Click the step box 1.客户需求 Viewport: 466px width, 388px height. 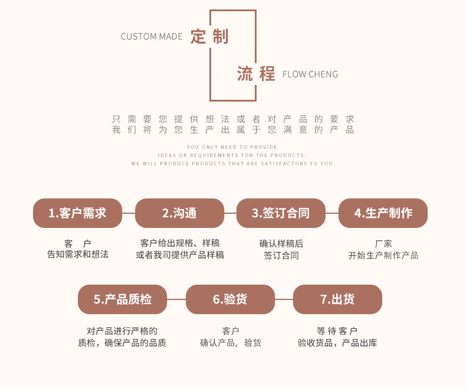pyautogui.click(x=77, y=213)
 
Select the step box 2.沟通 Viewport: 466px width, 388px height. pyautogui.click(x=179, y=213)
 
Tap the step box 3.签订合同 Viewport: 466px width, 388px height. pyautogui.click(x=281, y=213)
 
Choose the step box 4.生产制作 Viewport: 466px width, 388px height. pyautogui.click(x=383, y=213)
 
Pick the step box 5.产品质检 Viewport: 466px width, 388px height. pyautogui.click(x=122, y=299)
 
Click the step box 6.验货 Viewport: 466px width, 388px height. pyautogui.click(x=230, y=299)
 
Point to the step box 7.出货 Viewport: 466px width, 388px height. pyautogui.click(x=337, y=299)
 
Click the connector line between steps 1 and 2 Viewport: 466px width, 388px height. pyautogui.click(x=129, y=213)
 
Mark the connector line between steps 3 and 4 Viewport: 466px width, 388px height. pyautogui.click(x=332, y=213)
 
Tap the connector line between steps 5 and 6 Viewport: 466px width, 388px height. pyautogui.click(x=176, y=299)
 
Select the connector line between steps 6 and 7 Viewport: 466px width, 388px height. pyautogui.click(x=284, y=299)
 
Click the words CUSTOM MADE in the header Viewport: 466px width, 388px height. pyautogui.click(x=152, y=37)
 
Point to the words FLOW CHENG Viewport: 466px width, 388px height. pyautogui.click(x=310, y=74)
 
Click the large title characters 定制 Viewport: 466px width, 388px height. pyautogui.click(x=209, y=37)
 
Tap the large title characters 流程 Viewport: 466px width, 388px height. pyautogui.click(x=256, y=74)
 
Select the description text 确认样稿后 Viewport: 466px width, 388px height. pyautogui.click(x=281, y=243)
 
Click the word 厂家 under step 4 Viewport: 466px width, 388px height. pyautogui.click(x=383, y=243)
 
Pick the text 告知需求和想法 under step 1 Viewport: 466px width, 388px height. pyautogui.click(x=78, y=255)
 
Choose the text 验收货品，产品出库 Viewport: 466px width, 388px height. pyautogui.click(x=337, y=343)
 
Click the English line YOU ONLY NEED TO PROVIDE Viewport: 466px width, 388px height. pyautogui.click(x=232, y=147)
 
